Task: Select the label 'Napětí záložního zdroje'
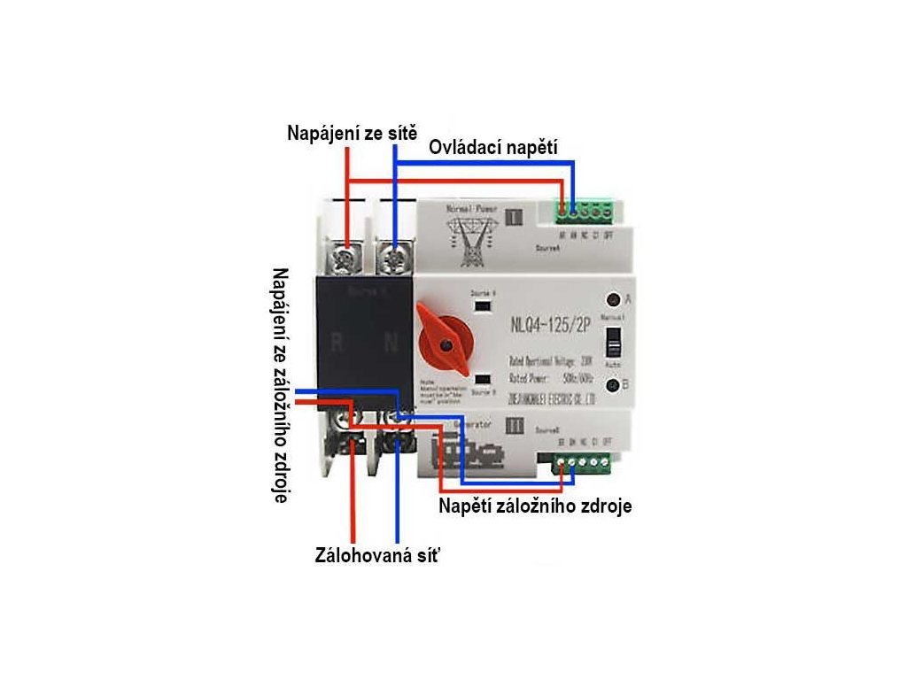pyautogui.click(x=535, y=507)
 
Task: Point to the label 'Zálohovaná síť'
pyautogui.click(x=377, y=556)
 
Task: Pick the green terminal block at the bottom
pyautogui.click(x=581, y=462)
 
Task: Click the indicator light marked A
pyautogui.click(x=611, y=298)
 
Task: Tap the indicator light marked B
pyautogui.click(x=611, y=385)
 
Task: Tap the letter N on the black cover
pyautogui.click(x=390, y=341)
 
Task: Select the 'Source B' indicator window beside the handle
pyautogui.click(x=484, y=377)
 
